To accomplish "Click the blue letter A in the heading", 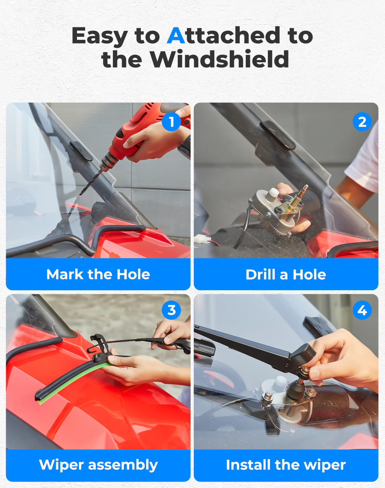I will pos(176,36).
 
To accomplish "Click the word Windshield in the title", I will pos(219,59).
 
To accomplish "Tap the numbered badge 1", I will pos(171,122).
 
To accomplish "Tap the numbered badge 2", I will pos(362,122).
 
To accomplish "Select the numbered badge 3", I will pos(171,310).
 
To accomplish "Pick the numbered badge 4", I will pos(362,310).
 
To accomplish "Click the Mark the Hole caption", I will pos(98,274).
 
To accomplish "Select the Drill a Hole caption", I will pos(286,274).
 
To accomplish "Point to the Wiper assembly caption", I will pos(98,465).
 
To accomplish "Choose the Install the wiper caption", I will pos(286,465).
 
